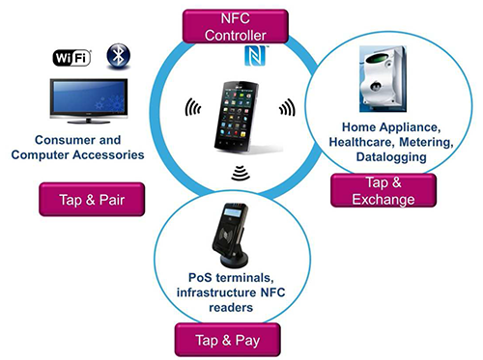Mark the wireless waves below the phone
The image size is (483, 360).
tap(239, 173)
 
